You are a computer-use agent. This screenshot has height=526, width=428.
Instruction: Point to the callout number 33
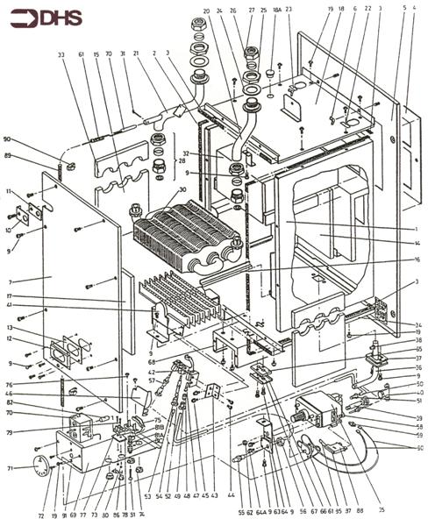pos(61,55)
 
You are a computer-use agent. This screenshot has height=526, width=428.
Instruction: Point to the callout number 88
pos(360,509)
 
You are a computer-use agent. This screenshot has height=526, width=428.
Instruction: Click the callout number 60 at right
pos(417,447)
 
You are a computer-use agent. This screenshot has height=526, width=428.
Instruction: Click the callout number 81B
pos(159,429)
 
